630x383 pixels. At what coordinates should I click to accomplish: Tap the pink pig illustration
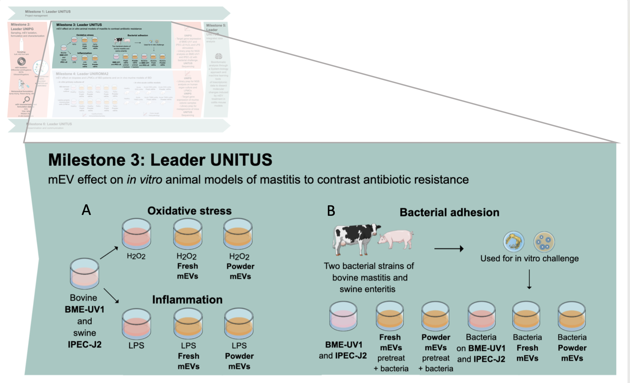tap(396, 239)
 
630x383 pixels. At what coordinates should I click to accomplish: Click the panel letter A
tap(86, 210)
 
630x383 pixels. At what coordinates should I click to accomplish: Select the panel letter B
tap(331, 211)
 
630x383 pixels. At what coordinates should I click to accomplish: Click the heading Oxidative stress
tap(189, 211)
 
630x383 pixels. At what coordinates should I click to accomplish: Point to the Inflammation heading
tap(187, 300)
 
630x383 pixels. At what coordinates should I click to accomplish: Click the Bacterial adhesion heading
tap(449, 212)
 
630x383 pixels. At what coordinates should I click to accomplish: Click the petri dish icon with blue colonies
tap(544, 242)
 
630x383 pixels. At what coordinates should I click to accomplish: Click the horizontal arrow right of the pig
tap(449, 249)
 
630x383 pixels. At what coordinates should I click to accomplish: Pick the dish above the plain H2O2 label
tap(136, 233)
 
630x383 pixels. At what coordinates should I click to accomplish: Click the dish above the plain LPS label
tap(136, 323)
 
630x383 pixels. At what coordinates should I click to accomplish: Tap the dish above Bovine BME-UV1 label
tap(85, 274)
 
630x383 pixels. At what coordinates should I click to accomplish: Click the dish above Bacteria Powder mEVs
tap(572, 316)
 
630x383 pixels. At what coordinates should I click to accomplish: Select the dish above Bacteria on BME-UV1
tap(481, 316)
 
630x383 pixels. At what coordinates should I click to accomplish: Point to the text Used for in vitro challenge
tap(529, 259)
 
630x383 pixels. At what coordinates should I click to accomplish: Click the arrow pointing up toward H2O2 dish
tap(109, 253)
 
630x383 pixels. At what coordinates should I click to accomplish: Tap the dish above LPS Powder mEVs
tap(239, 323)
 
